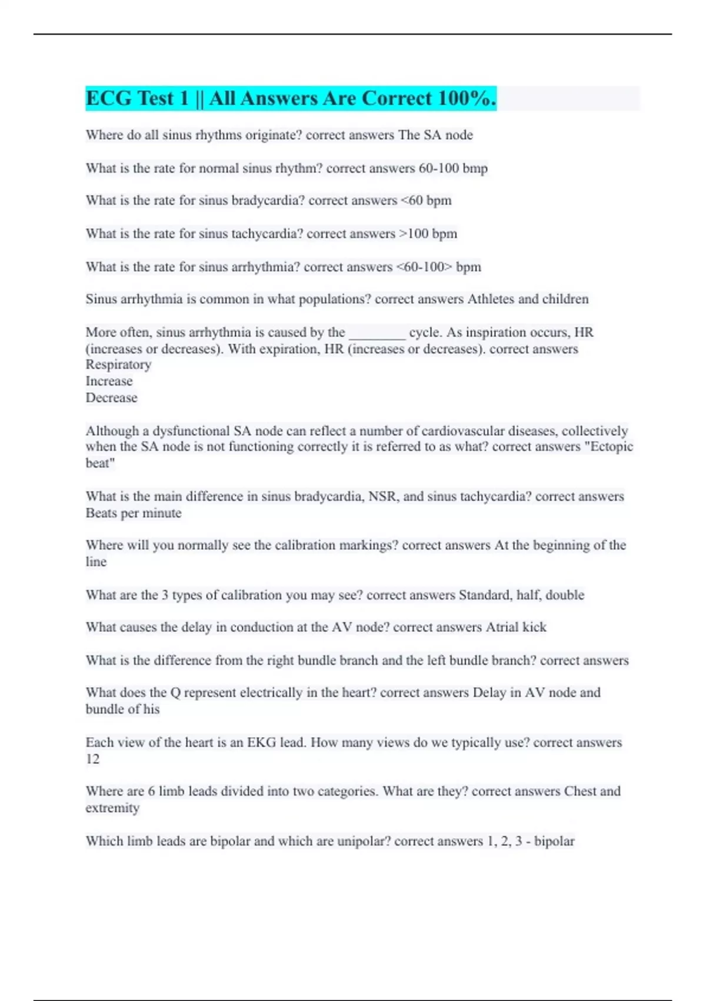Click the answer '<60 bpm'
tap(426, 201)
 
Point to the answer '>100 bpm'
tap(428, 234)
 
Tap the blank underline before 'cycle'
tap(377, 333)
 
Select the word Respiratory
tap(118, 365)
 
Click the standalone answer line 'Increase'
tap(109, 382)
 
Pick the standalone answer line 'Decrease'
tap(111, 398)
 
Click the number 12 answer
tap(92, 760)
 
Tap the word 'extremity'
tap(112, 808)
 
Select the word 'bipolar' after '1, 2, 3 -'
tap(554, 841)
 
